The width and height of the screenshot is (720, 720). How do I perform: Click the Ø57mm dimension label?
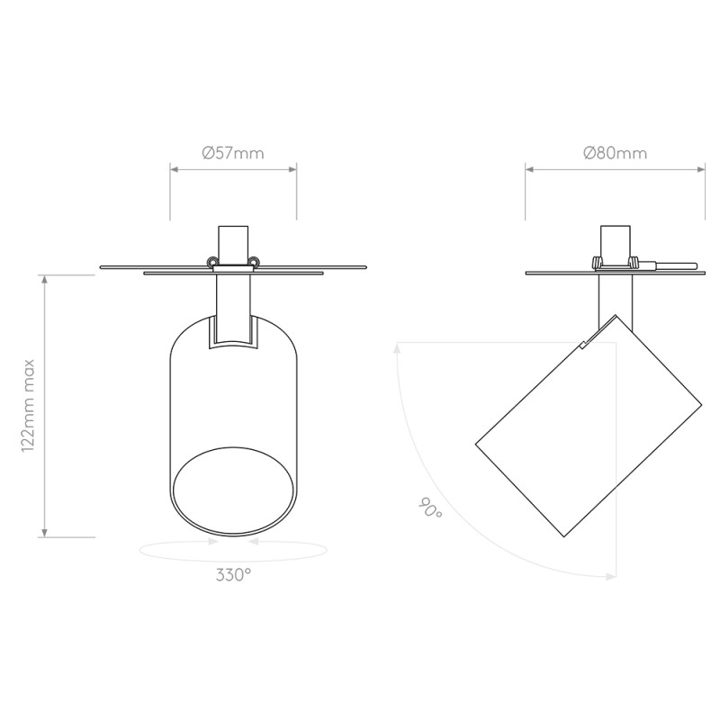[233, 153]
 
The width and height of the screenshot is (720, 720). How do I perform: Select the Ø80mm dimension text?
[615, 153]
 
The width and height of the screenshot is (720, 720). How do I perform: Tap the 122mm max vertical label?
[29, 404]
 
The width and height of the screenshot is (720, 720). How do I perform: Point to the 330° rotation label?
[233, 576]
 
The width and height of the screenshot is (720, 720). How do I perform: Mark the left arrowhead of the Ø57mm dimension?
[175, 169]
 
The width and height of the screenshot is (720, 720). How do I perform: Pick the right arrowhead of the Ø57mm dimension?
[292, 169]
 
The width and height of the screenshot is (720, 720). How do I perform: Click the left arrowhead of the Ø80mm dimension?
[530, 169]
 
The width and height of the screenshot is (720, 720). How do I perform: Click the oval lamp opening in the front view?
[233, 494]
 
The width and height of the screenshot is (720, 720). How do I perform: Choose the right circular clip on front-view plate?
[255, 262]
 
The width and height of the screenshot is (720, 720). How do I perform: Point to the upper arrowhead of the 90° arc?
[396, 347]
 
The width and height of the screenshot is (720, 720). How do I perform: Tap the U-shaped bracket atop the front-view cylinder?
[233, 333]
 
